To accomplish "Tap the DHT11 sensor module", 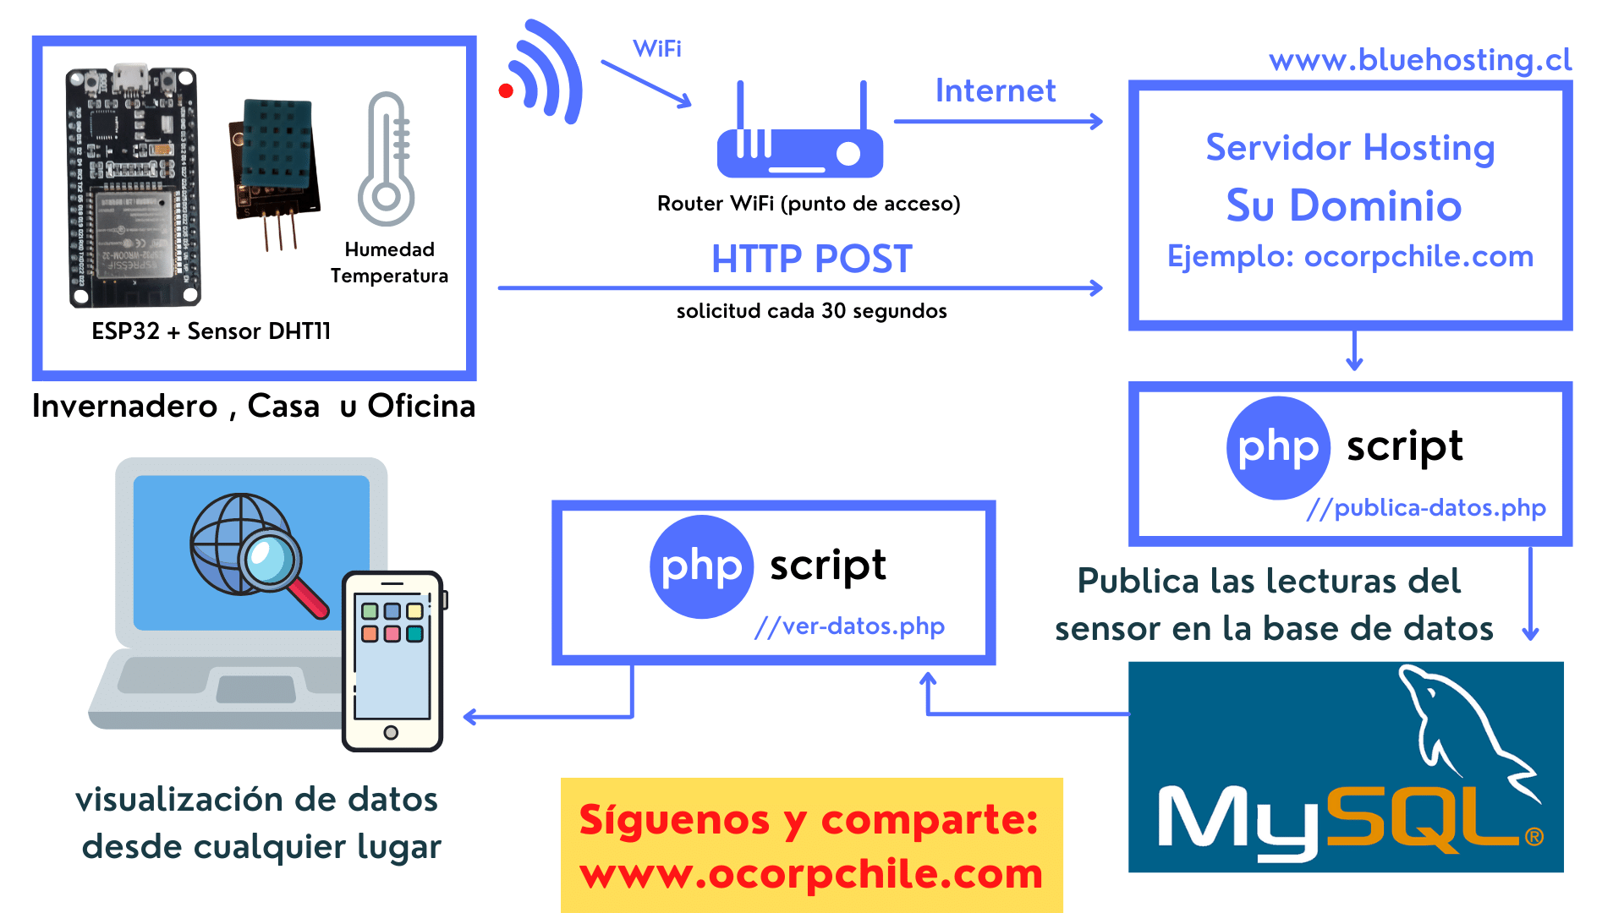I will tap(276, 161).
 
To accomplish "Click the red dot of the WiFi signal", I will tap(506, 91).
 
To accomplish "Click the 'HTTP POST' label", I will tap(812, 259).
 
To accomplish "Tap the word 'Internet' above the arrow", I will tap(996, 90).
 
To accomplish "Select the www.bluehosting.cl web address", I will tap(1420, 60).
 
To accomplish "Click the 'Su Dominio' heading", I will tap(1344, 205).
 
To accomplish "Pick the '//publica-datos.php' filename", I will tap(1426, 507).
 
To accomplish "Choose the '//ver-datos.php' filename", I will tap(849, 626).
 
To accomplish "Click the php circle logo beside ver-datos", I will tap(701, 566).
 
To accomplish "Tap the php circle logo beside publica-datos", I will tap(1278, 448).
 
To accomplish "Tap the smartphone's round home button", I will tap(391, 732).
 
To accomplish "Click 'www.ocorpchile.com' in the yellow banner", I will tap(811, 874).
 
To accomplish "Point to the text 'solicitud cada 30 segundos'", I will tap(811, 311).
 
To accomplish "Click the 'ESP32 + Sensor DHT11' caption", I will tap(211, 331).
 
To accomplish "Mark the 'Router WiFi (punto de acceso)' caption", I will tap(809, 204).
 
